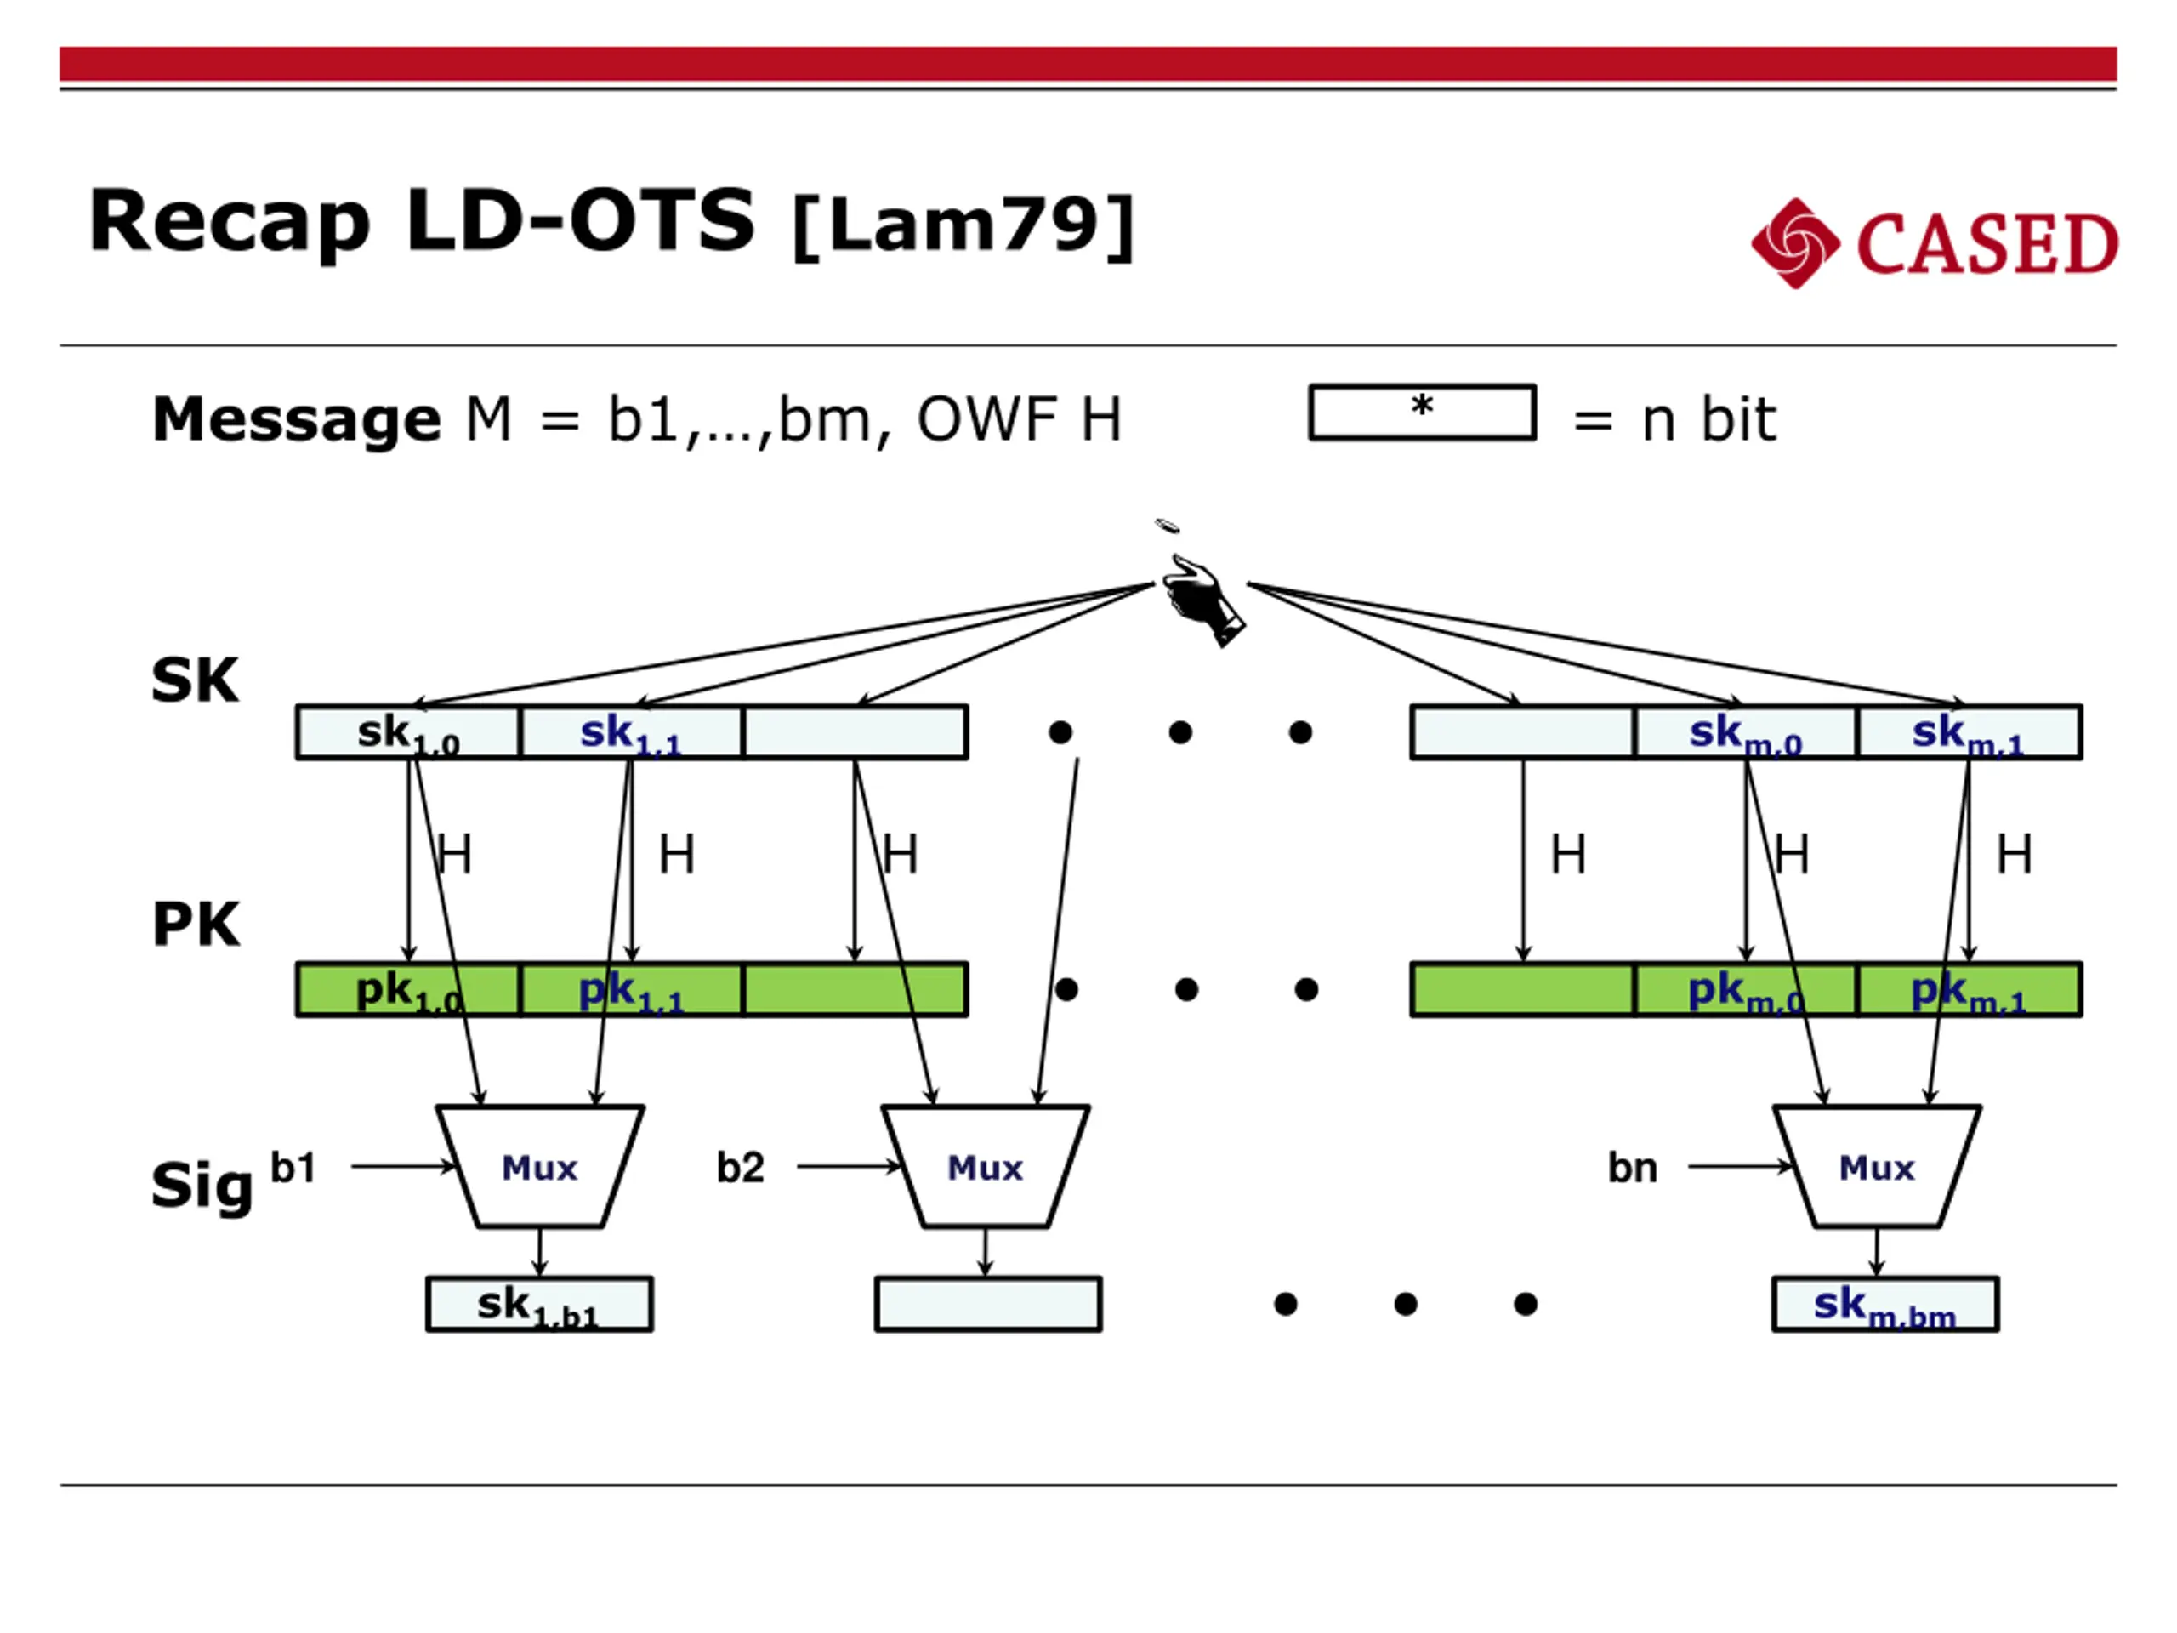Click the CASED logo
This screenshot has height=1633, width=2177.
(x=1933, y=243)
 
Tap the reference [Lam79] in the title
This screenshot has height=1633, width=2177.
(x=963, y=225)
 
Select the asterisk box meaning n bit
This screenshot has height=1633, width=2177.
(x=1421, y=412)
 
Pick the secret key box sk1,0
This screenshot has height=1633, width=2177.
(x=407, y=732)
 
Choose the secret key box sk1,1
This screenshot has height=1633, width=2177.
(x=631, y=732)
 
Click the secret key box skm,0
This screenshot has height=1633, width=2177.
(x=1745, y=732)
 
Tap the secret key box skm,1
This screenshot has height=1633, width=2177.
(x=1969, y=732)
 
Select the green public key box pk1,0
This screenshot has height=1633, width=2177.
(x=407, y=989)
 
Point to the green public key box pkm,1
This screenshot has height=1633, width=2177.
(x=1969, y=989)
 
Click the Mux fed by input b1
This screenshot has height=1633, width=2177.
(x=539, y=1166)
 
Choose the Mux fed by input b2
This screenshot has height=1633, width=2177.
(x=985, y=1166)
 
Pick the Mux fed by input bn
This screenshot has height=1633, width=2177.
(x=1877, y=1166)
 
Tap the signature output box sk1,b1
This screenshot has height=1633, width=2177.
(x=539, y=1304)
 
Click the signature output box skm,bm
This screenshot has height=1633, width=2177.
(x=1884, y=1304)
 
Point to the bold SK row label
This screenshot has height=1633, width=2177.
(x=195, y=680)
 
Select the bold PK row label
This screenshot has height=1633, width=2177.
(x=196, y=925)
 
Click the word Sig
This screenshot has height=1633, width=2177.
(x=202, y=1185)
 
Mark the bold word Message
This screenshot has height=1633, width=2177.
(x=296, y=418)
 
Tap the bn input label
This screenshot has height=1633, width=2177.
(x=1633, y=1168)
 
